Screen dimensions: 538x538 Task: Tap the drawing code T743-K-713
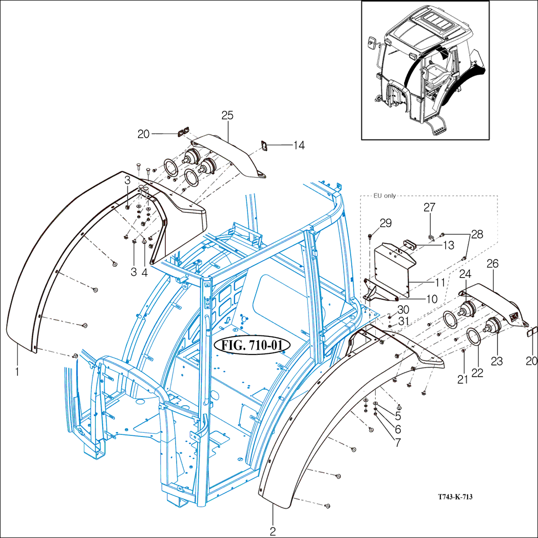point(455,497)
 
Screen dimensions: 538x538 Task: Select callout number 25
point(227,115)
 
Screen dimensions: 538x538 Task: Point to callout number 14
point(299,146)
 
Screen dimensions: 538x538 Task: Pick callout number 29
point(386,223)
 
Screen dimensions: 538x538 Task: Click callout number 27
point(430,207)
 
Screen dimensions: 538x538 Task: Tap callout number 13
point(448,245)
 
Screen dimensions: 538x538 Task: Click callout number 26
point(492,265)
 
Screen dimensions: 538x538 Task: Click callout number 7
point(398,440)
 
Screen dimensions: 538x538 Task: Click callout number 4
point(144,272)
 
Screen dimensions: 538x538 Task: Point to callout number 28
point(476,234)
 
